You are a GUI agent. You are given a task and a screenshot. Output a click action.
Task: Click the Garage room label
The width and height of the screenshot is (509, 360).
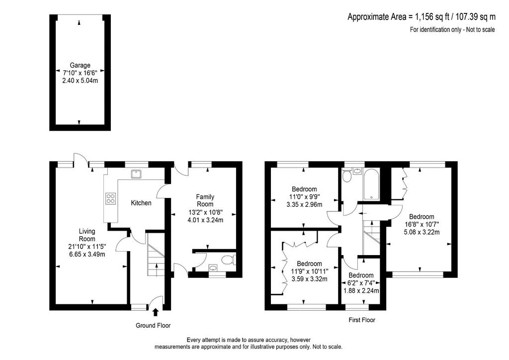(80, 65)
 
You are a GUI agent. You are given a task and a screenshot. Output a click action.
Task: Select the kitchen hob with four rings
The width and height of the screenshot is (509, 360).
(110, 198)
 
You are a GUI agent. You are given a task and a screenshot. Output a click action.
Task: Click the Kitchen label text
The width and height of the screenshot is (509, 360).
(141, 203)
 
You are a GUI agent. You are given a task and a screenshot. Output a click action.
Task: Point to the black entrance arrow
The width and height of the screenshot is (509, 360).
(156, 312)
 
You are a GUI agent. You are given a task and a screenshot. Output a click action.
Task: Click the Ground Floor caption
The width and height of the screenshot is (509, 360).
(153, 325)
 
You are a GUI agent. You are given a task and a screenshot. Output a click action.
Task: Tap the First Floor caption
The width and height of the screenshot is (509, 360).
(362, 320)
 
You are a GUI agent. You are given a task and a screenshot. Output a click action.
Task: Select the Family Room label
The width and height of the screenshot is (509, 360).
(205, 200)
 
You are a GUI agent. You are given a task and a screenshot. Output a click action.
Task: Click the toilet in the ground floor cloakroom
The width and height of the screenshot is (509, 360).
(229, 260)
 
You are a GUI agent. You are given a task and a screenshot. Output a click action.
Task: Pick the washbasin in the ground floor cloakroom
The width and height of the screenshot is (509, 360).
(213, 268)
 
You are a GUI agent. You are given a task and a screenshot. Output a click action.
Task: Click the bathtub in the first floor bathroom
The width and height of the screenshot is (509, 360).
(371, 184)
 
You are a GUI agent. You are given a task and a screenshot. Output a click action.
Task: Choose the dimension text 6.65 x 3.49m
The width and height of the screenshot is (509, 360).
(87, 254)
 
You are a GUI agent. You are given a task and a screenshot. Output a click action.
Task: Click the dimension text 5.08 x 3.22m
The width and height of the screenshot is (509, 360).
(422, 232)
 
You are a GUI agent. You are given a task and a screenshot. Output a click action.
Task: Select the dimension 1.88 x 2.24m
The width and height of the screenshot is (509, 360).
(361, 291)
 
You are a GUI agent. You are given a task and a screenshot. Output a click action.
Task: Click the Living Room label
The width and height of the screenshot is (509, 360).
(87, 235)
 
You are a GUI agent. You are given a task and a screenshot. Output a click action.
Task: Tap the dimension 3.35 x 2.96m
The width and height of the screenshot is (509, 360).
(305, 204)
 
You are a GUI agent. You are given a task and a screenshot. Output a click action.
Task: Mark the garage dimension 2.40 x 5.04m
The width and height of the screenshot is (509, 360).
(80, 80)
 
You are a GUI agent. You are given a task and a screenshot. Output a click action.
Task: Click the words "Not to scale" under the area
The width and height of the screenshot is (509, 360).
(481, 29)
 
